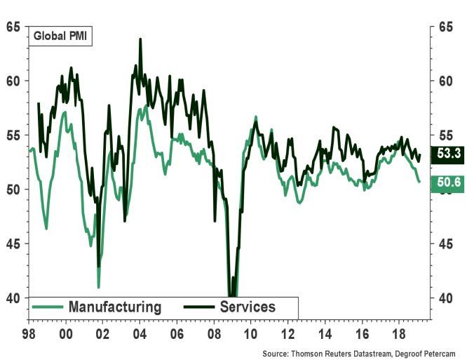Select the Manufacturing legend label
coord(114,307)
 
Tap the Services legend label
coord(248,307)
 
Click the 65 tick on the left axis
coord(12,27)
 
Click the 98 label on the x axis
coord(28,334)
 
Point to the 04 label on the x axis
coord(140,334)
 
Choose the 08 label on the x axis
coord(215,334)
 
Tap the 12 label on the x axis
coord(289,334)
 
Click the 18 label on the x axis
coord(400,334)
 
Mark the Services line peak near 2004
coord(140,40)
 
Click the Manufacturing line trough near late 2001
coord(99,286)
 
